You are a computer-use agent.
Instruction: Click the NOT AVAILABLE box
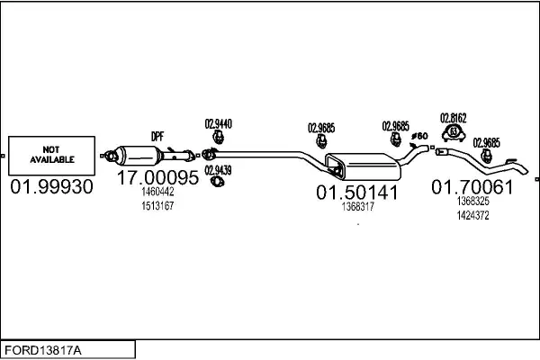(51, 156)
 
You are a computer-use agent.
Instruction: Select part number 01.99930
(51, 186)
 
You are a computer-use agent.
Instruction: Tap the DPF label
(157, 137)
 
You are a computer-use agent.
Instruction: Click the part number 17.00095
(157, 178)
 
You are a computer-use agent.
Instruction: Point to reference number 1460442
(157, 192)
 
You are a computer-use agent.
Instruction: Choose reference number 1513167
(157, 206)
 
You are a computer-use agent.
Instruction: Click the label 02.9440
(219, 123)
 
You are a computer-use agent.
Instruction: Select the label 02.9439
(218, 170)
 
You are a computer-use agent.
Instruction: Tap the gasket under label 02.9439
(217, 181)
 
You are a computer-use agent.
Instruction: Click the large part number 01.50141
(357, 193)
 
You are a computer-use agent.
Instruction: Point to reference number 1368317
(358, 207)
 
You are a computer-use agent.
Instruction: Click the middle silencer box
(363, 166)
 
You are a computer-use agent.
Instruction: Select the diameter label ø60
(419, 136)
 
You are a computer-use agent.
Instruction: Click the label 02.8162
(454, 118)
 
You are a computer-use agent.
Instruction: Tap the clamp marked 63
(454, 133)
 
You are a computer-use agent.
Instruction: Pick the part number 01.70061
(472, 187)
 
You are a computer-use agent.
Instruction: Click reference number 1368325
(473, 201)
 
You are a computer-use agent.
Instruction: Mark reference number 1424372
(473, 215)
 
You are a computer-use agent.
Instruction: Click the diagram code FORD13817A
(43, 350)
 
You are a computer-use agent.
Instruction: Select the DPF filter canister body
(138, 156)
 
